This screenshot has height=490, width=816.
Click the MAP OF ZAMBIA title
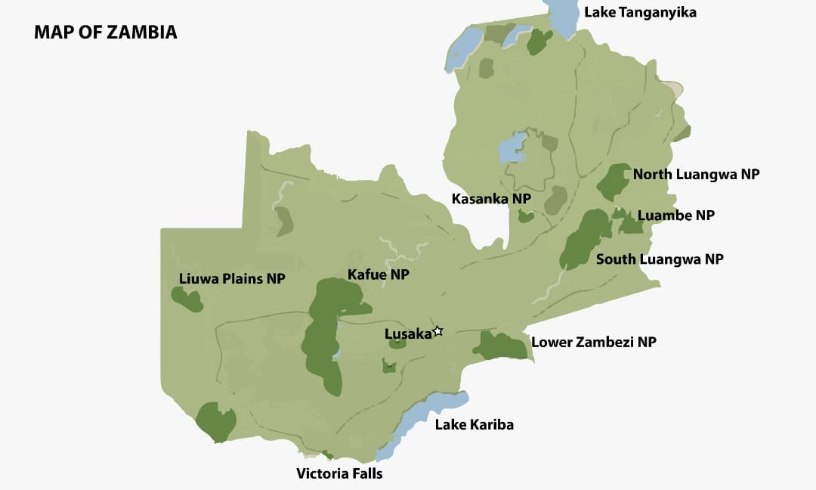105,33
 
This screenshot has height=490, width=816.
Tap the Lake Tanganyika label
640,12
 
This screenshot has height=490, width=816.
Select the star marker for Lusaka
437,331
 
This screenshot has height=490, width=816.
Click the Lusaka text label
407,333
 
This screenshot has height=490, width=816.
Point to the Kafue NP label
378,274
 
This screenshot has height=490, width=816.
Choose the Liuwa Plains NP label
232,278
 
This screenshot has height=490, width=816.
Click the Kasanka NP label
491,199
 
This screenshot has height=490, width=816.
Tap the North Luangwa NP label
696,175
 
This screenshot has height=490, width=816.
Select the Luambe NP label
675,216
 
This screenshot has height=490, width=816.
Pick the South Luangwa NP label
660,259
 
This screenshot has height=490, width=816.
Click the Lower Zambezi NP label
594,342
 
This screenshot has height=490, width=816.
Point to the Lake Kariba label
474,425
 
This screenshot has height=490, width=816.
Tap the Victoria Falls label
339,474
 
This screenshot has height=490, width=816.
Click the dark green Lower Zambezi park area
500,346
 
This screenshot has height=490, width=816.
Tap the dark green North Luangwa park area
614,181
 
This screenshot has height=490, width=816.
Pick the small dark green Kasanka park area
526,217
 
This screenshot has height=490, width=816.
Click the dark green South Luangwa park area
583,240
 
